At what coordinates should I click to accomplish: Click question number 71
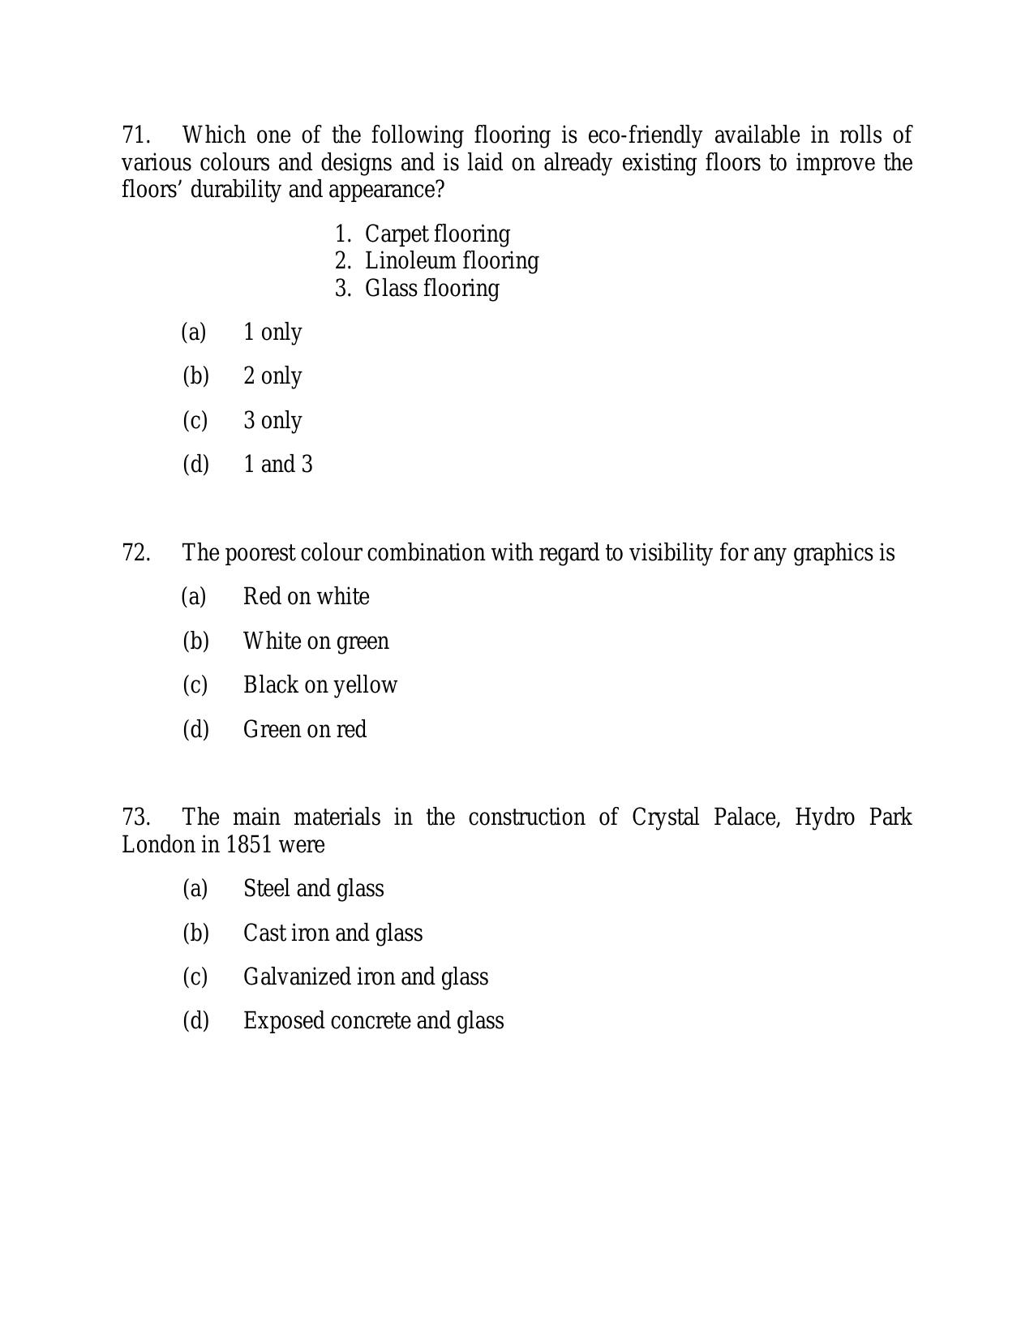tap(136, 135)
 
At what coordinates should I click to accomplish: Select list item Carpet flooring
tap(437, 234)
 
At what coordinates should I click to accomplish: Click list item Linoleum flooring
tap(452, 261)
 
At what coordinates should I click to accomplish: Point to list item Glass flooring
tap(431, 289)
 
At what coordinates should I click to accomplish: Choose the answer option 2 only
tap(272, 376)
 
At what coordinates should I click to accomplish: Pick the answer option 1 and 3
tap(277, 465)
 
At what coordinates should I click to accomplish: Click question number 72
tap(136, 553)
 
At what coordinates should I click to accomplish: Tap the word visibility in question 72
tap(670, 553)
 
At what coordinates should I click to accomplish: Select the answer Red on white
tap(306, 597)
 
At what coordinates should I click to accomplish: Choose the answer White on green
tap(315, 642)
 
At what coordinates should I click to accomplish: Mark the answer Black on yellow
tap(320, 685)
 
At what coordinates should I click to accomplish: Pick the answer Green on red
tap(305, 730)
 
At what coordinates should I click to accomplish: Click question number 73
tap(136, 818)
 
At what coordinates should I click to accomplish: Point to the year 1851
tap(248, 845)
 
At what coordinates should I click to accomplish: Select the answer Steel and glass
tap(313, 889)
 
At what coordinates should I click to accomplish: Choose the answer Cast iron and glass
tap(333, 933)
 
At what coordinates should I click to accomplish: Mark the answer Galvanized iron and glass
tap(366, 977)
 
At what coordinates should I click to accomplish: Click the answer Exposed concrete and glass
tap(373, 1021)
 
